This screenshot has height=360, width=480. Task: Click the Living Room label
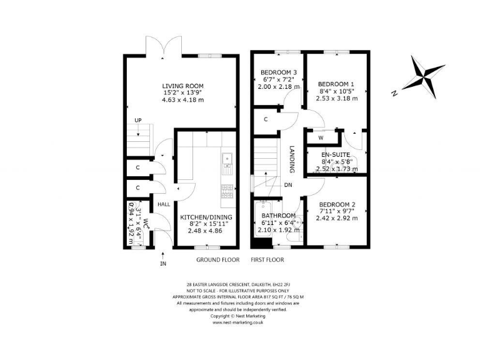(x=182, y=86)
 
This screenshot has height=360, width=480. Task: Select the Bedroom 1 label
(x=336, y=84)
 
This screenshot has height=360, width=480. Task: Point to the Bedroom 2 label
(x=337, y=204)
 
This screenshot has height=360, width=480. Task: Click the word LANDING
(x=292, y=159)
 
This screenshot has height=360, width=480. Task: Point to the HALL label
(x=164, y=204)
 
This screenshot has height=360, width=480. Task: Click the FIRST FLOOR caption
(x=267, y=259)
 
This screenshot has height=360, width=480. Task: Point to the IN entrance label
(x=163, y=264)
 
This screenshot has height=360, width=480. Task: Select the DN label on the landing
(x=288, y=185)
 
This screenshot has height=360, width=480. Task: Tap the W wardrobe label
(x=321, y=137)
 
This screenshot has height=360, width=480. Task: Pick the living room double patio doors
(x=156, y=49)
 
